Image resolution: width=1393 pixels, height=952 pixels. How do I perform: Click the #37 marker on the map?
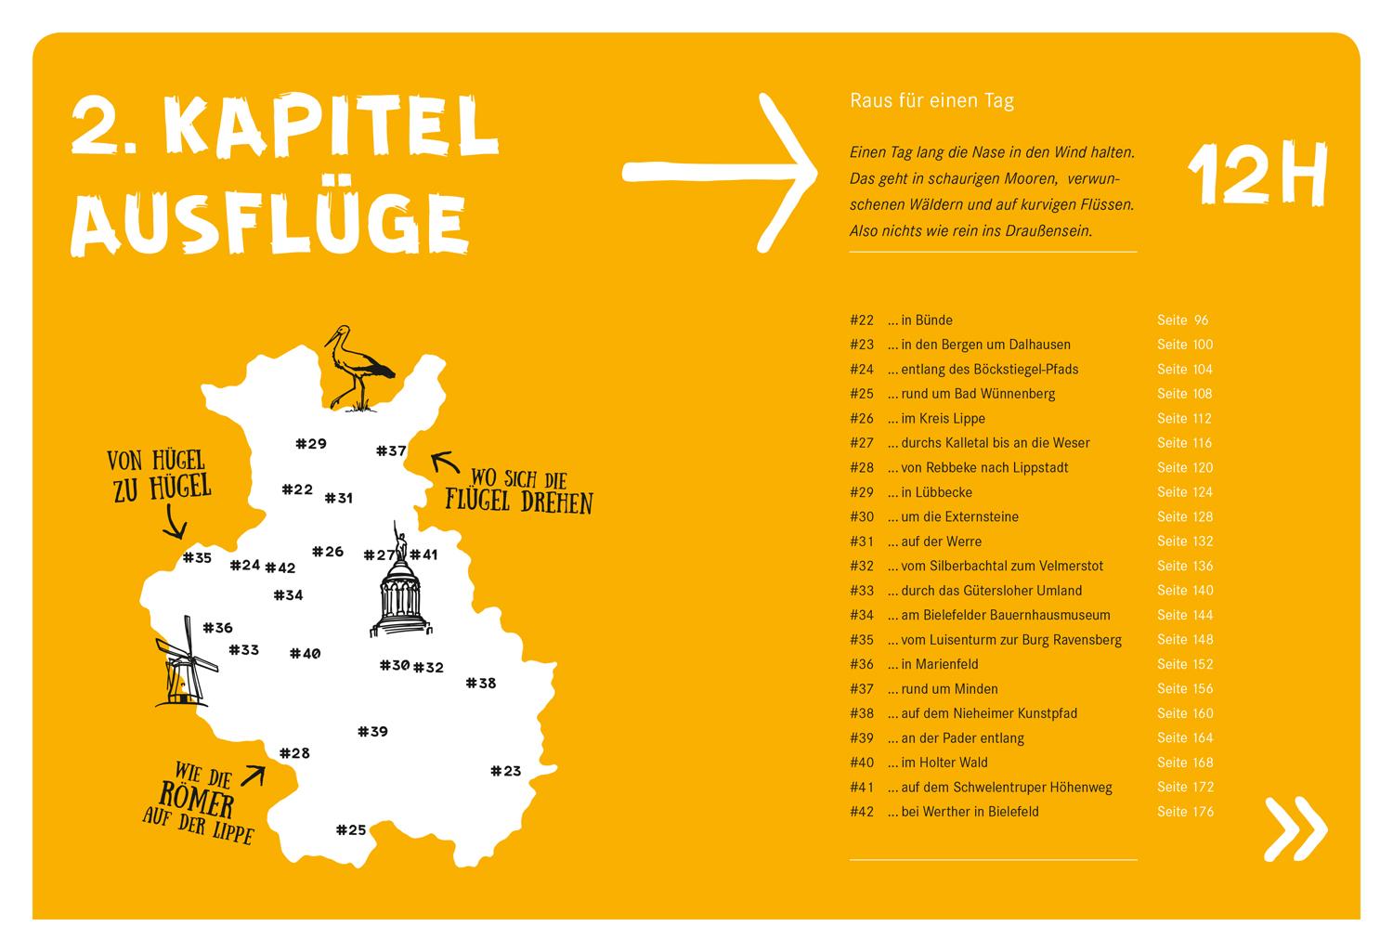tap(391, 451)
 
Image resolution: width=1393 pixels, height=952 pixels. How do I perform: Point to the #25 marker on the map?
tap(351, 830)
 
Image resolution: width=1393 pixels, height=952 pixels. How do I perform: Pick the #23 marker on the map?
tap(506, 771)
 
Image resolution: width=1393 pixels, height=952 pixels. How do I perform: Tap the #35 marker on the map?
tap(197, 558)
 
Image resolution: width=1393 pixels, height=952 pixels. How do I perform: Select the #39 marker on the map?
tap(372, 732)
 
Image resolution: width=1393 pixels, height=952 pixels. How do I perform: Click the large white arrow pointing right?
tap(721, 171)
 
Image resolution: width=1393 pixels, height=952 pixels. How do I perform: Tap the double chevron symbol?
tap(1295, 828)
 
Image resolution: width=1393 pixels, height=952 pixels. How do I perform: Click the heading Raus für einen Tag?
tap(931, 101)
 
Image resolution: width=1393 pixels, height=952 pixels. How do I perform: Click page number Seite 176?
tap(1185, 812)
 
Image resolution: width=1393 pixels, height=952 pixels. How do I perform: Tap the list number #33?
tap(862, 591)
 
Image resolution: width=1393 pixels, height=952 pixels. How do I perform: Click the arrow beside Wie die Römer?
tap(253, 775)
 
